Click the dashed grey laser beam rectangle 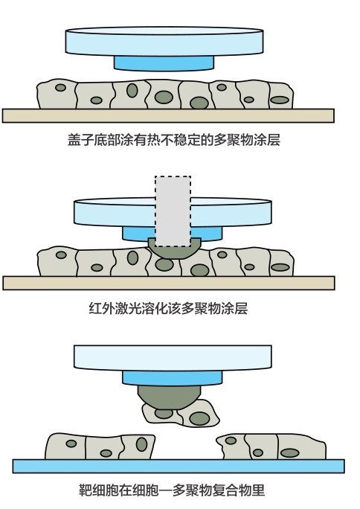click(x=173, y=211)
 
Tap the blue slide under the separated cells click(x=179, y=466)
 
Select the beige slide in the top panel click(x=168, y=115)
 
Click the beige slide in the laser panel click(x=169, y=283)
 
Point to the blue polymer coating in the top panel click(x=164, y=63)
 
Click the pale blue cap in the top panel click(x=164, y=41)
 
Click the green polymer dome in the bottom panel click(x=168, y=397)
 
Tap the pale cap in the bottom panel click(x=173, y=358)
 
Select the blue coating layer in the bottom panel click(x=173, y=378)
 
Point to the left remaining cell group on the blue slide click(x=100, y=446)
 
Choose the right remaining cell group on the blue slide click(x=271, y=446)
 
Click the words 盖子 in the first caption click(x=81, y=140)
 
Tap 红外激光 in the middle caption click(x=115, y=308)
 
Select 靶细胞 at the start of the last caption click(x=99, y=490)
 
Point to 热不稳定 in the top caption click(x=173, y=140)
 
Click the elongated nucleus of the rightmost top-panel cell click(x=280, y=100)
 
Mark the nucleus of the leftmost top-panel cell click(x=60, y=87)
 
